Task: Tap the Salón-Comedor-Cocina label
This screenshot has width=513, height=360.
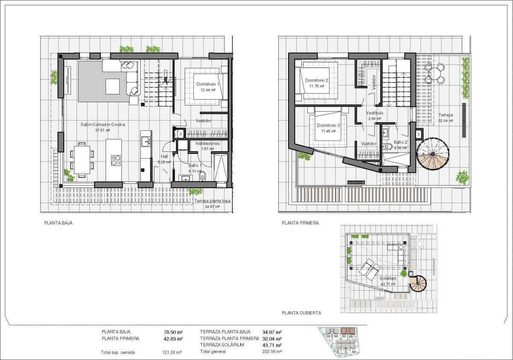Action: click(x=103, y=125)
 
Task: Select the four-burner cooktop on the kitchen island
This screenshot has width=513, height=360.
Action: click(x=115, y=160)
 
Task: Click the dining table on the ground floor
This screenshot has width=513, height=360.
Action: click(x=82, y=159)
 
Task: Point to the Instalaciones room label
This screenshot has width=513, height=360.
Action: click(x=207, y=144)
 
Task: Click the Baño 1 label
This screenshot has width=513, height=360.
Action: click(x=195, y=165)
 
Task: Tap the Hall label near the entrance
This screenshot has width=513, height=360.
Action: click(x=164, y=156)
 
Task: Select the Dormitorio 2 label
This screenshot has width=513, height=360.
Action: click(x=316, y=80)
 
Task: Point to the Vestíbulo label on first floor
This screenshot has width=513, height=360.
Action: click(x=374, y=113)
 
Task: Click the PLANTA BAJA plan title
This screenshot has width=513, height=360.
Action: click(x=58, y=223)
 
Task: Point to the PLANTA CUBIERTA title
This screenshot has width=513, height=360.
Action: click(x=301, y=313)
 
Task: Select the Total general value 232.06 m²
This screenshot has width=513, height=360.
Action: click(x=272, y=351)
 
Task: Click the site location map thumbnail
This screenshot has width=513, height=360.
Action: click(x=342, y=341)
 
